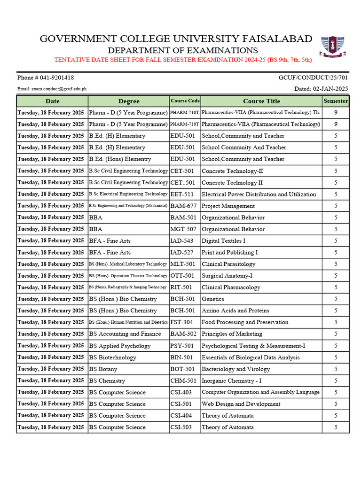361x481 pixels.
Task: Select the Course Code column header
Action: point(185,101)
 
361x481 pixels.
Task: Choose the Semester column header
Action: point(336,101)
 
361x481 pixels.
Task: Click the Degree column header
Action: point(129,101)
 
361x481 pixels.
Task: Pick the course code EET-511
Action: point(182,194)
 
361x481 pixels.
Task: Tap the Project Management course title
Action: point(228,206)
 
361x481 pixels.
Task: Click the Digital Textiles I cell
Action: point(223,241)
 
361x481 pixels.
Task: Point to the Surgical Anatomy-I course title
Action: point(228,276)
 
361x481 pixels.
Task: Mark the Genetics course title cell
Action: point(213,299)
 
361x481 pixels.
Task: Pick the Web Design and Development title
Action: point(241,404)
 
